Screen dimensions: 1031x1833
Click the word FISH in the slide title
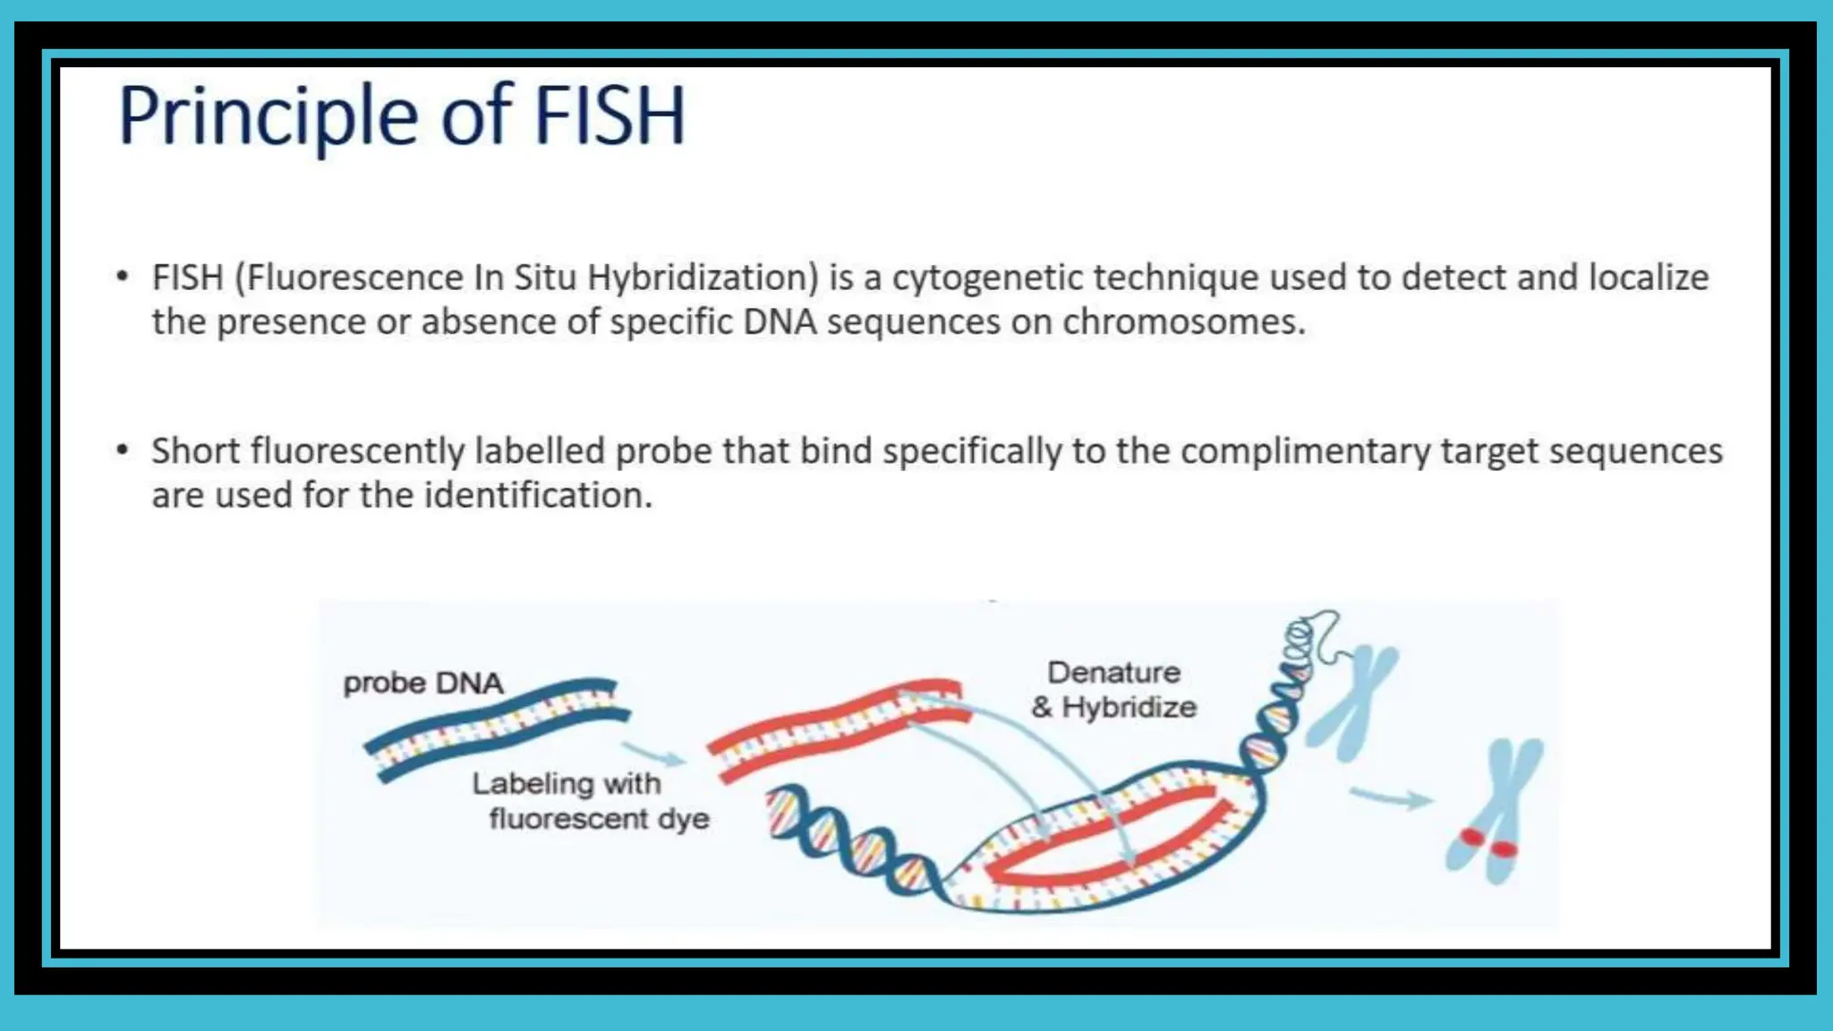click(610, 116)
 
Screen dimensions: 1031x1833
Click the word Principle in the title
click(268, 116)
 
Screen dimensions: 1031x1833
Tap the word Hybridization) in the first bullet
click(703, 277)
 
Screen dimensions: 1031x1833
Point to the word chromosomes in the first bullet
click(1182, 322)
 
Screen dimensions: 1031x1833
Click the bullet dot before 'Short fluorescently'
click(123, 449)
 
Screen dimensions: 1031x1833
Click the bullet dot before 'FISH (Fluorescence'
click(123, 276)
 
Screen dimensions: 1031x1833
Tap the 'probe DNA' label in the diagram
click(423, 684)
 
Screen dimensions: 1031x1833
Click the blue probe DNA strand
click(498, 727)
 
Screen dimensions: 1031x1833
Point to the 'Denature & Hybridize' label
click(1113, 690)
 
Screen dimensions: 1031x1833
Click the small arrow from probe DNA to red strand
click(653, 754)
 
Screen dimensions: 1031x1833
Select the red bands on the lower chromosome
click(1487, 843)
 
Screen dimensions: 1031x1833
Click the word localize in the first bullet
click(1649, 277)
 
